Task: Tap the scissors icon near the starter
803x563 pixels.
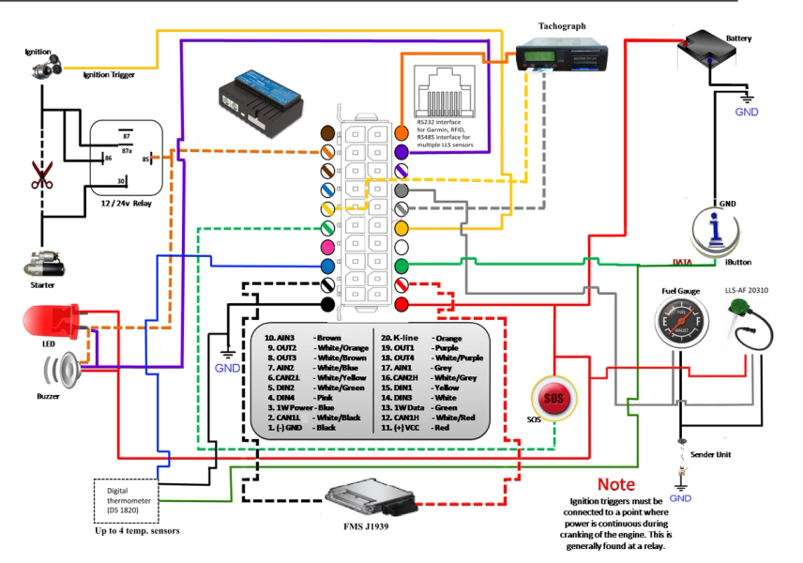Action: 42,175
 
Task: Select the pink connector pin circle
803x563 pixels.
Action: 328,246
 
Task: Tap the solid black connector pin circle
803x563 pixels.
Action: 328,305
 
